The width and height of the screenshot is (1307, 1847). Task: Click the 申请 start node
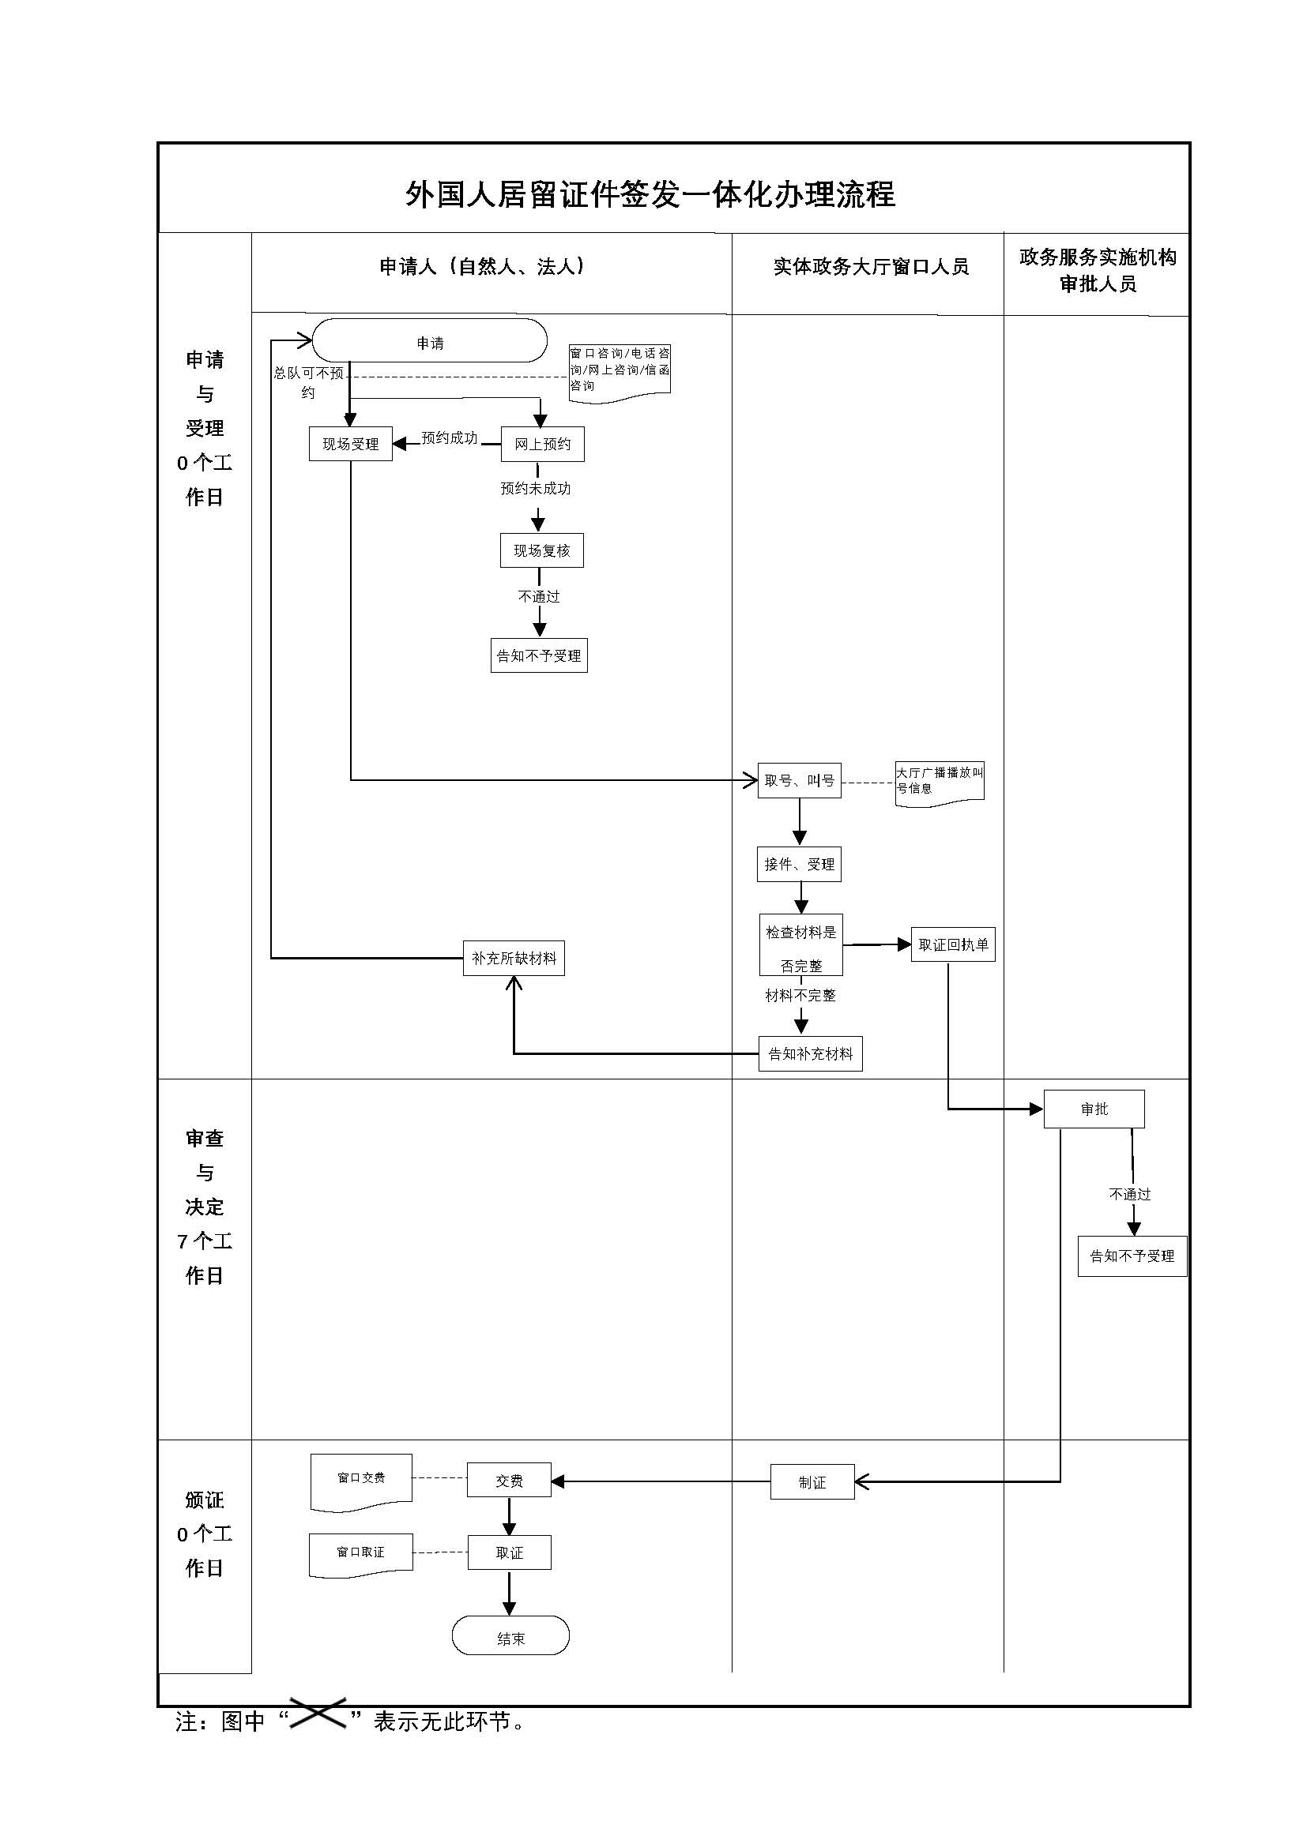click(430, 342)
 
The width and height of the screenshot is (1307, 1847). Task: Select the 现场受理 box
click(350, 444)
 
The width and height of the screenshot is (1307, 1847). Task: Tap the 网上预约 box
click(542, 444)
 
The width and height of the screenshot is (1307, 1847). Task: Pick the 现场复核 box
click(541, 551)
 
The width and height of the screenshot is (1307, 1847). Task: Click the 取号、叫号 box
click(799, 780)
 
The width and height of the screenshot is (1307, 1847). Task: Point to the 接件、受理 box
click(799, 865)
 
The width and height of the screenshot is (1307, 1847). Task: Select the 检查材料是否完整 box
click(800, 945)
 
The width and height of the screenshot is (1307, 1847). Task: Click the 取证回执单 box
click(953, 945)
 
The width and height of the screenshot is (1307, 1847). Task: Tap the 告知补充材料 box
click(810, 1054)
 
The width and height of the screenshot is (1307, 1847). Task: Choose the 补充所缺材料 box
click(514, 958)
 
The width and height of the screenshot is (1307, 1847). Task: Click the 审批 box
click(1094, 1109)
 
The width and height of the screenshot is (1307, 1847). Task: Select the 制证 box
click(812, 1481)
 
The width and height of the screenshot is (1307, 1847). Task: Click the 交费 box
click(509, 1480)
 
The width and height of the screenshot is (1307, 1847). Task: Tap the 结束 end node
click(510, 1639)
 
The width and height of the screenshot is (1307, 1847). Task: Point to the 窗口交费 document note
click(361, 1477)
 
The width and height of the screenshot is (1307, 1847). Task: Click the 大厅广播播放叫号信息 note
click(940, 781)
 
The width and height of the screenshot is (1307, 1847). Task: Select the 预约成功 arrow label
click(449, 438)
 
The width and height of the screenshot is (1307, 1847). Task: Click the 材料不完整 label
click(800, 996)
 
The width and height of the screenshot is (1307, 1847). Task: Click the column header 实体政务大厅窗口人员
click(871, 267)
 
